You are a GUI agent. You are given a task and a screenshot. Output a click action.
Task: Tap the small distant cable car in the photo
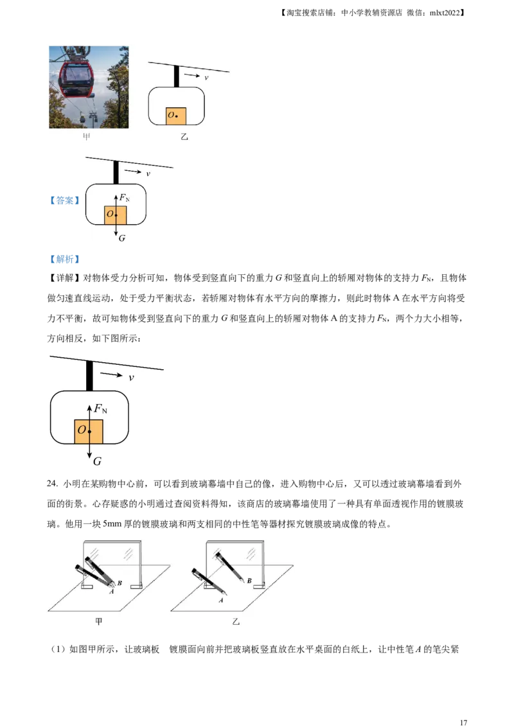point(93,118)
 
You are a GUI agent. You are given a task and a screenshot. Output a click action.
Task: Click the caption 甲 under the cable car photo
point(87,137)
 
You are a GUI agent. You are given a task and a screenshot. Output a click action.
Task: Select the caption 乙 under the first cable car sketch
point(184,137)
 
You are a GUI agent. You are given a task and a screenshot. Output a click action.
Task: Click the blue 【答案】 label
point(64,200)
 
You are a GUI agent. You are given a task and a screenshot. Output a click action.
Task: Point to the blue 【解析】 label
point(64,259)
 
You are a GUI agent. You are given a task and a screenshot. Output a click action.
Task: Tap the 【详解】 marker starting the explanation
point(64,278)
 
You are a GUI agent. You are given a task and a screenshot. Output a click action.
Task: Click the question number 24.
point(52,484)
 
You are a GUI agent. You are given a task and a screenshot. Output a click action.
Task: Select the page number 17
point(463,723)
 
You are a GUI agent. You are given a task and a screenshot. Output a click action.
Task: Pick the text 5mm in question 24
point(112,524)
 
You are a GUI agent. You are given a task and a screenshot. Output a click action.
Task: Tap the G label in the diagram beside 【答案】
point(122,238)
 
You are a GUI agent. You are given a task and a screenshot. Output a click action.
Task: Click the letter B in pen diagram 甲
point(120,582)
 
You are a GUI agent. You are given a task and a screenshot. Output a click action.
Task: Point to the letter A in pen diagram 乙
point(221,600)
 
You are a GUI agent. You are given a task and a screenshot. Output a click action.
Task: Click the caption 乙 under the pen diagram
point(236,621)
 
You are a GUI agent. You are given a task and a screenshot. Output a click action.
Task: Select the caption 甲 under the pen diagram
point(98,621)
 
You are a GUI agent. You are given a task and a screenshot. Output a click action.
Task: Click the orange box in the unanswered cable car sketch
point(176,116)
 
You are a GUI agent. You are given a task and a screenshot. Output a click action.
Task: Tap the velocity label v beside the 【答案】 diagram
point(148,174)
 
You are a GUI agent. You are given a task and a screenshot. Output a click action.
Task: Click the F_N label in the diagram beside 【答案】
point(125,198)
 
